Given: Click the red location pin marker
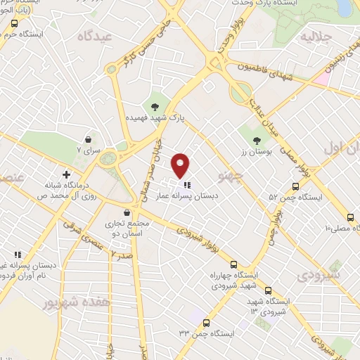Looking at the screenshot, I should pyautogui.click(x=181, y=165).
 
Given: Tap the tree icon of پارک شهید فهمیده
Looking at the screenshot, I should pyautogui.click(x=154, y=107).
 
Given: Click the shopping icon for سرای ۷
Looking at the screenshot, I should pyautogui.click(x=88, y=139).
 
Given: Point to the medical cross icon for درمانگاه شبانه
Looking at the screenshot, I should pyautogui.click(x=67, y=174).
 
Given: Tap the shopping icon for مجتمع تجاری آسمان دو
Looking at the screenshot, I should pyautogui.click(x=126, y=212).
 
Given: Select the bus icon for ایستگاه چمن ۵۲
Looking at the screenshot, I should pyautogui.click(x=294, y=187).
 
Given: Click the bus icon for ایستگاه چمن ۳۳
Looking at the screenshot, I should pyautogui.click(x=206, y=323).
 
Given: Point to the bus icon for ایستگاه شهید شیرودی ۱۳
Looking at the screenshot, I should pyautogui.click(x=267, y=290).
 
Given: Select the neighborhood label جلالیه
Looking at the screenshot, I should pyautogui.click(x=315, y=35).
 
